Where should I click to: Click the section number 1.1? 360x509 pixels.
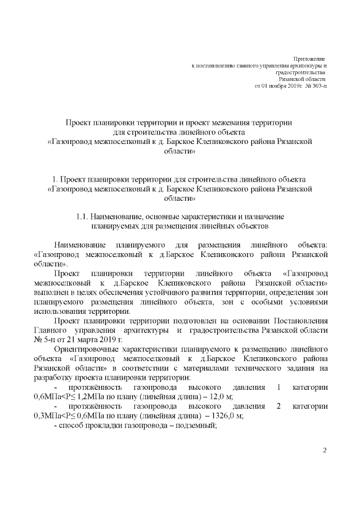pyautogui.click(x=84, y=217)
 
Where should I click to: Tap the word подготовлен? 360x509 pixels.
pyautogui.click(x=181, y=321)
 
